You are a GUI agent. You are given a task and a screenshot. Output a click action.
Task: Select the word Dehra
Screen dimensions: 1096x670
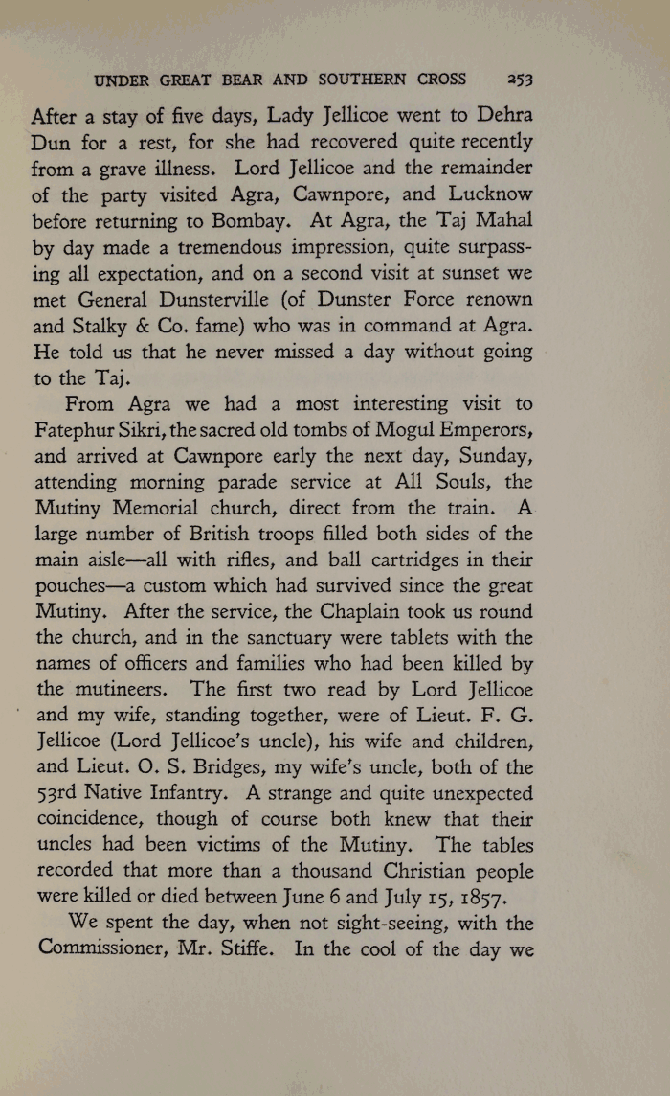(x=502, y=117)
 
